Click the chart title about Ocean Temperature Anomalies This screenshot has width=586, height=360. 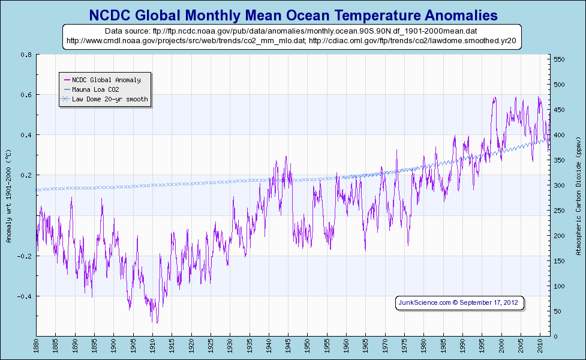click(x=293, y=14)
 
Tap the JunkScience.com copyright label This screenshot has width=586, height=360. click(x=460, y=302)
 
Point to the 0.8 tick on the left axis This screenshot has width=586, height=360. click(x=26, y=55)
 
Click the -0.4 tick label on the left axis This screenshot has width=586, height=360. click(x=25, y=296)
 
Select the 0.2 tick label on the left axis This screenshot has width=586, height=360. click(x=26, y=175)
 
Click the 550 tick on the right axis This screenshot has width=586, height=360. click(x=558, y=59)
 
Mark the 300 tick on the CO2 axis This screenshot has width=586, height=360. click(x=558, y=185)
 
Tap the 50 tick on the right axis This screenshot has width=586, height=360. click(x=557, y=311)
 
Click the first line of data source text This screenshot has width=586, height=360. click(x=292, y=30)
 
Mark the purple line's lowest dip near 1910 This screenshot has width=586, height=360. click(x=157, y=323)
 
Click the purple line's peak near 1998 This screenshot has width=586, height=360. click(x=495, y=97)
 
